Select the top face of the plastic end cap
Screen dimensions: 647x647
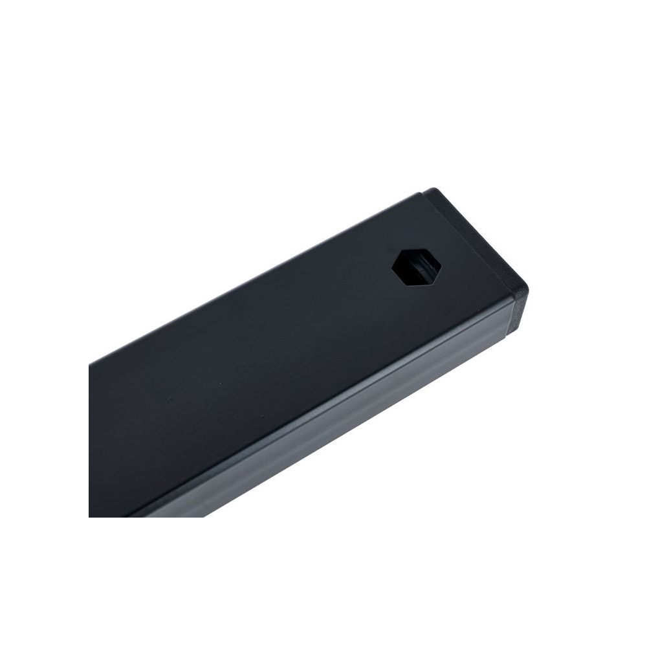[x=479, y=239]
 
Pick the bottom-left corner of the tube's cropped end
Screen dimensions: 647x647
[x=90, y=516]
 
